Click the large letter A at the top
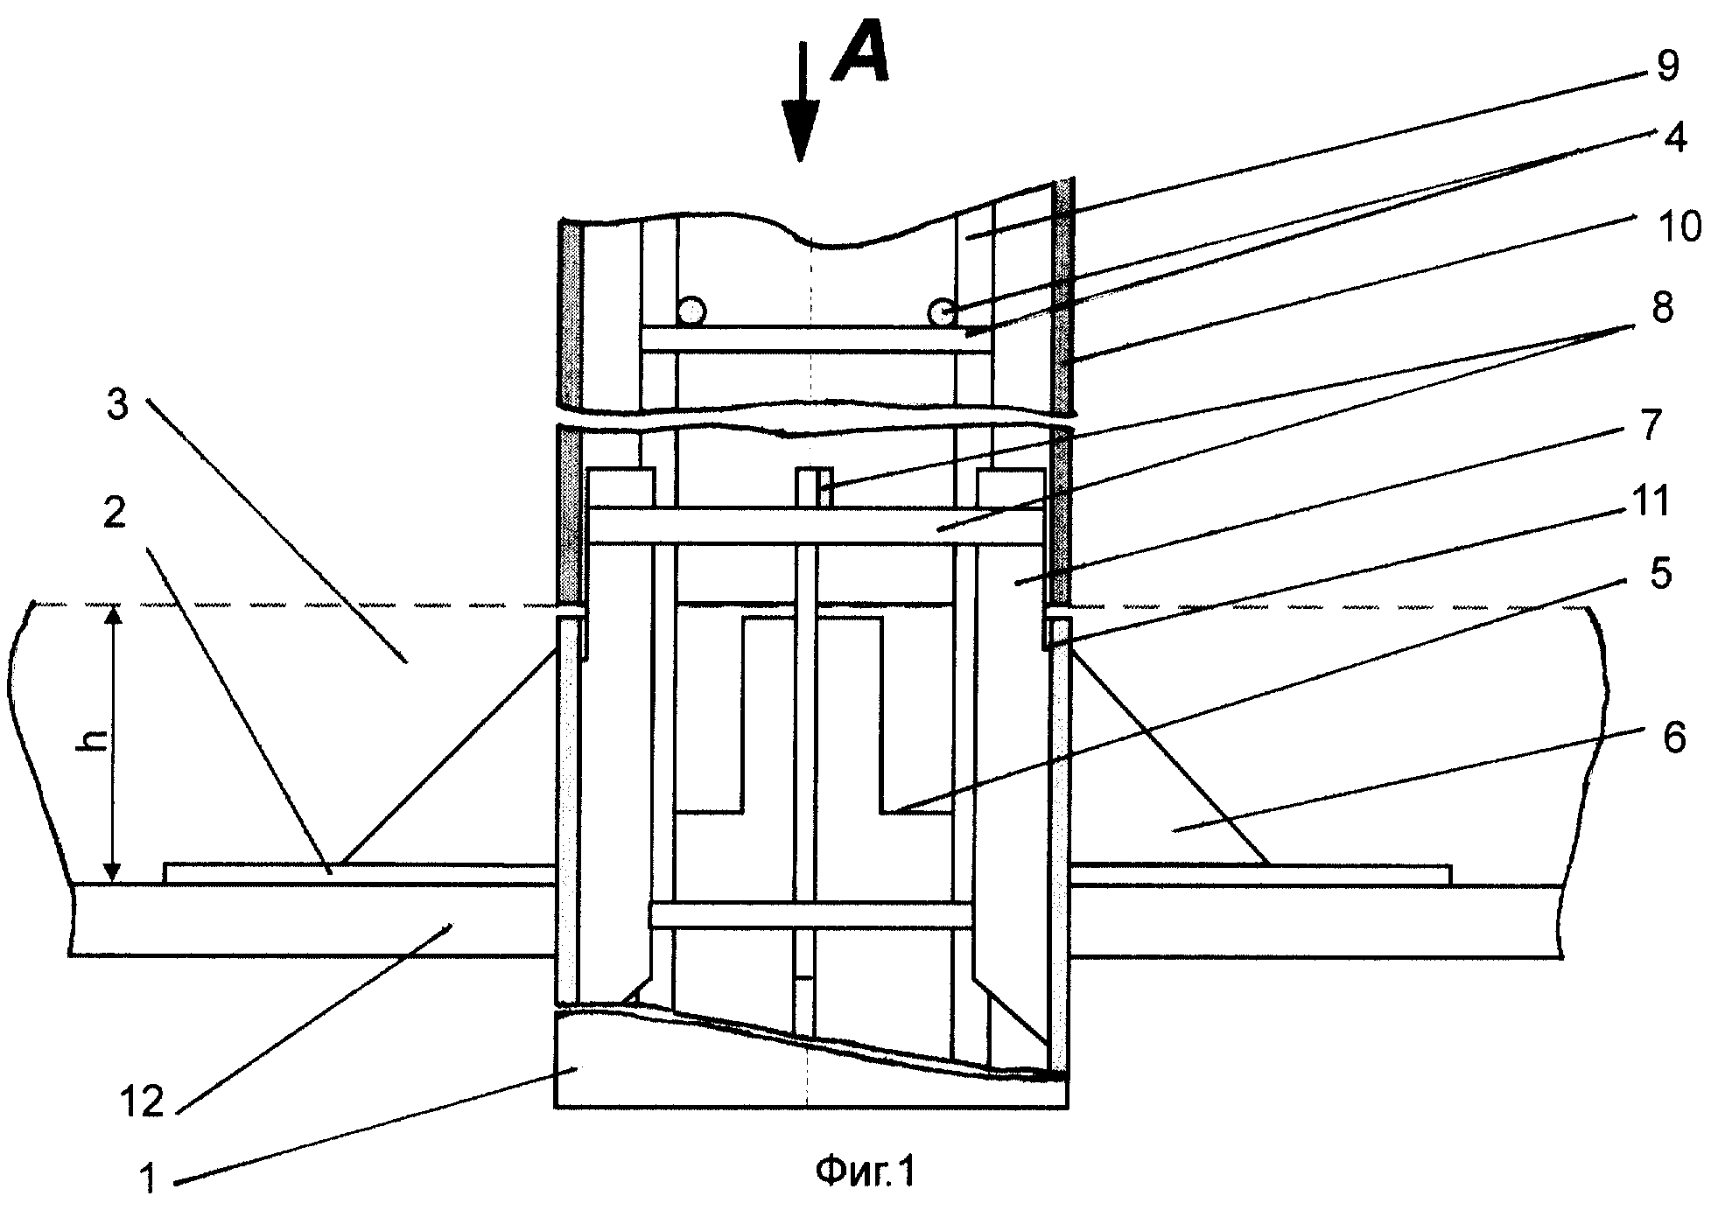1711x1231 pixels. [x=860, y=53]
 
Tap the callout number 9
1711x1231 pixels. [x=1666, y=67]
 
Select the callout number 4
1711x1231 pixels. [x=1673, y=138]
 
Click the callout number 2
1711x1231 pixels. [x=115, y=514]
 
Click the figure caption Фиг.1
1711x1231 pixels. [x=865, y=1172]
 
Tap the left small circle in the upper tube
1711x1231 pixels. [x=691, y=310]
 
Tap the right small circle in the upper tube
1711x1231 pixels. [x=943, y=310]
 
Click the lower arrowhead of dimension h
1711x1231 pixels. [x=112, y=868]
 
